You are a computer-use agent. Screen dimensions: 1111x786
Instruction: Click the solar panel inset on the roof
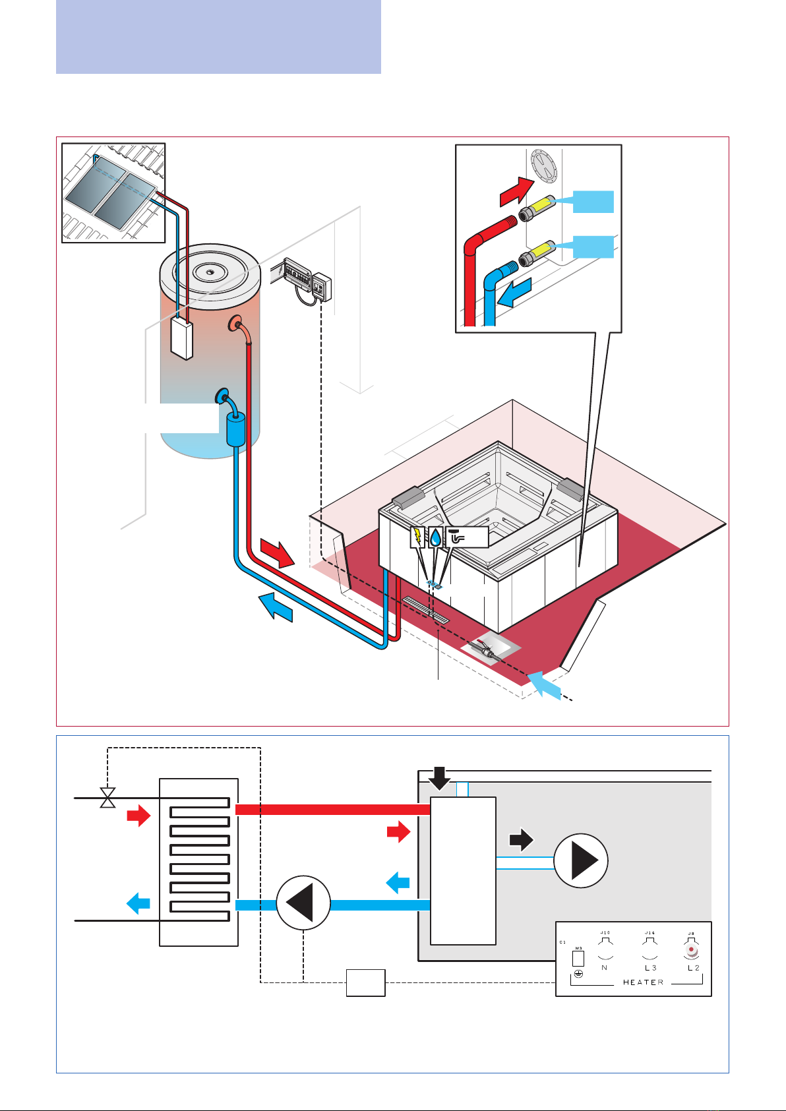[x=113, y=193]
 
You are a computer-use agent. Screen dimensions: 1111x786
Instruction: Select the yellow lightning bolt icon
[x=417, y=537]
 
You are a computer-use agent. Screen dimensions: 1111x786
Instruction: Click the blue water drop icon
[x=435, y=538]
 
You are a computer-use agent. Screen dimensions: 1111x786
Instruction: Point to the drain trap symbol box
[x=467, y=537]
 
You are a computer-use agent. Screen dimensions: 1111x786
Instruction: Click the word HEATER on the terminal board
[x=643, y=982]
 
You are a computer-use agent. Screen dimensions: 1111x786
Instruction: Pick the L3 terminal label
[x=650, y=968]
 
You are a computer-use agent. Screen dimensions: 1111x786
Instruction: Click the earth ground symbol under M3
[x=578, y=974]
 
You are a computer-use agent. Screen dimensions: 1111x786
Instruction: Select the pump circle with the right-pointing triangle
[x=581, y=861]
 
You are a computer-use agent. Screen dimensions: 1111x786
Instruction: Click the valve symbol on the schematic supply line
[x=107, y=798]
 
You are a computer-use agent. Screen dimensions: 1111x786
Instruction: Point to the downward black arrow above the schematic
[x=439, y=779]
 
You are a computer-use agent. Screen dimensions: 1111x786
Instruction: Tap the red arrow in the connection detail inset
[x=516, y=191]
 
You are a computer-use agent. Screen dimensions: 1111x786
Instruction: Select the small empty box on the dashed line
[x=366, y=982]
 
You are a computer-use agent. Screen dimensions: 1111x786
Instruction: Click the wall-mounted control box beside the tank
[x=322, y=286]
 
